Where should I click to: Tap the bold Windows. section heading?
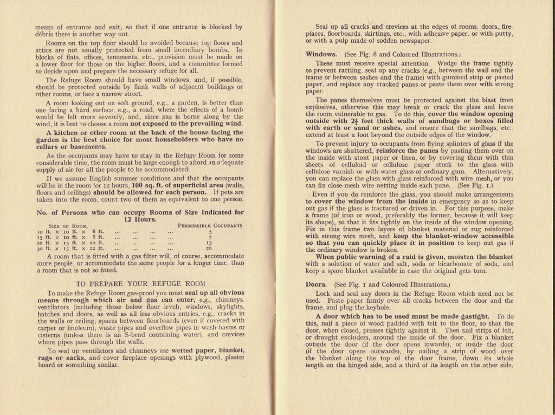tap(321, 54)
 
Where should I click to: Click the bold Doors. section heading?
tap(316, 284)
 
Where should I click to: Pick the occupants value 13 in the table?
tap(209, 243)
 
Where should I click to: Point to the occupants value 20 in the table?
tap(209, 248)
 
